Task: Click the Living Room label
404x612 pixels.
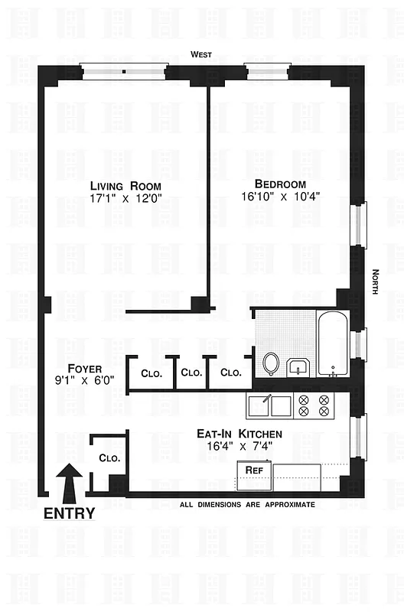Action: click(125, 186)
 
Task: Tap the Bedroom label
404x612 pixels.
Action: click(280, 184)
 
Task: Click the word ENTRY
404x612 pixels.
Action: click(69, 513)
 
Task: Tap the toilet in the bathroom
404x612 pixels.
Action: click(270, 363)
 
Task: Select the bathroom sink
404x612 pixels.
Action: click(298, 367)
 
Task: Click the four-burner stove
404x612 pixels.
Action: click(314, 405)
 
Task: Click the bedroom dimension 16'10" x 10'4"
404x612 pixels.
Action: click(280, 196)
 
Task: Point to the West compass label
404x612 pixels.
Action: click(203, 54)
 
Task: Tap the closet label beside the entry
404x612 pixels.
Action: click(108, 458)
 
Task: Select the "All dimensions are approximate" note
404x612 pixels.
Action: click(246, 505)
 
